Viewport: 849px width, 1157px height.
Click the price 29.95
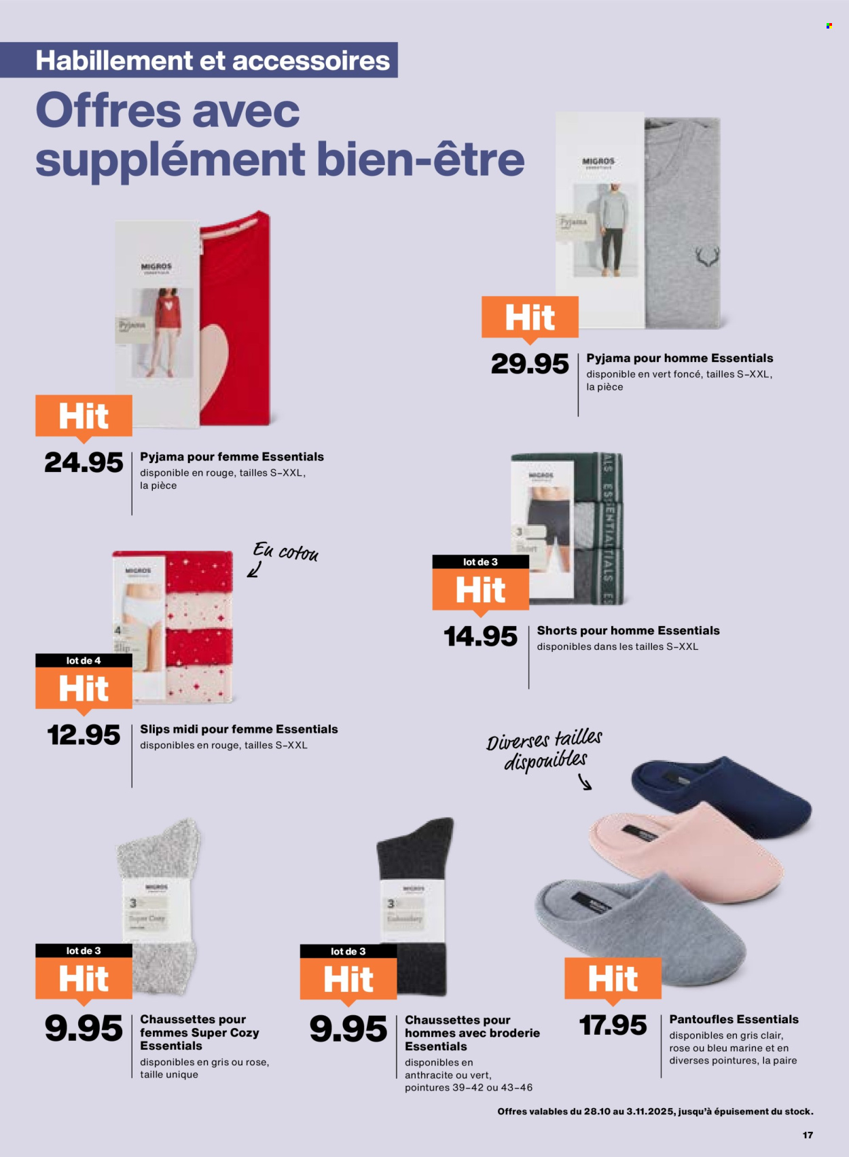click(x=530, y=365)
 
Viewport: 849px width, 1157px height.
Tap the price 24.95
click(x=84, y=463)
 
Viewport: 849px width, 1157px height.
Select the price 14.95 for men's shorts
click(x=480, y=637)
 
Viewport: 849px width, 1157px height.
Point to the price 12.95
click(x=84, y=735)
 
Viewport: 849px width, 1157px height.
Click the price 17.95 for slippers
click(x=613, y=1025)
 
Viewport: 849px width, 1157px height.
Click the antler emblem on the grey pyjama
click(x=706, y=257)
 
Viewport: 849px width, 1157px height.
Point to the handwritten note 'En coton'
click(x=285, y=552)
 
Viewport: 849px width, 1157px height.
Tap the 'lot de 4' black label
click(x=84, y=661)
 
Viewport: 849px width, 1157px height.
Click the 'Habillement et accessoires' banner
click(x=212, y=60)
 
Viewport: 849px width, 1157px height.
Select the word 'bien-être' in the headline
click(x=420, y=160)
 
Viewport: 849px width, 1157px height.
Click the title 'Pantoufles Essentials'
click(x=734, y=1019)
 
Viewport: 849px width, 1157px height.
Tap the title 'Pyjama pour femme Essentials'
click(x=232, y=457)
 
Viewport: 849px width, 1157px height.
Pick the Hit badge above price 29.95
click(x=530, y=317)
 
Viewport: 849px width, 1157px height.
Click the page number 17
click(x=808, y=1135)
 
